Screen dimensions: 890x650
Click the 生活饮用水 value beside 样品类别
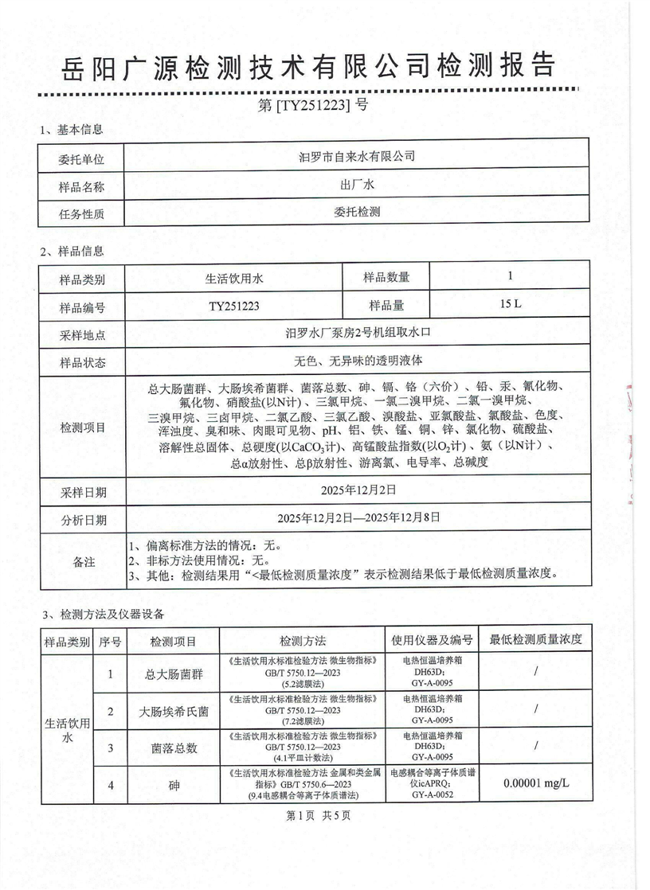pos(233,278)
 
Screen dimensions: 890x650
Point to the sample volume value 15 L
pos(510,304)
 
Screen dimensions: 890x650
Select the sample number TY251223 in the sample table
pos(233,305)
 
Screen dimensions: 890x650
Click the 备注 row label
pos(83,561)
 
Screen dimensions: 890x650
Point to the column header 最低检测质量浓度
pos(535,639)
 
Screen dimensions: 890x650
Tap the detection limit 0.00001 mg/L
pos(536,784)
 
